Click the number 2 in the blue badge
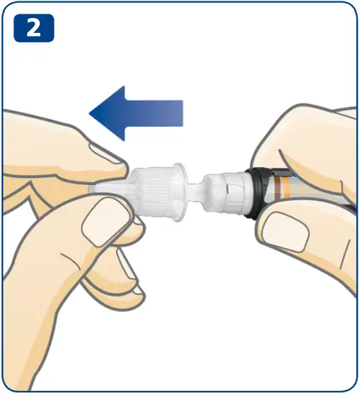click(34, 28)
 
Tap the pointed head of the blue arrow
click(107, 113)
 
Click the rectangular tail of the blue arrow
click(153, 113)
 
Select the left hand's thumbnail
click(108, 220)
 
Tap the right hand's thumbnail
click(284, 231)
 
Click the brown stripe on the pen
click(278, 188)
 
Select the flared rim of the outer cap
click(180, 192)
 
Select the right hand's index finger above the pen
click(297, 141)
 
